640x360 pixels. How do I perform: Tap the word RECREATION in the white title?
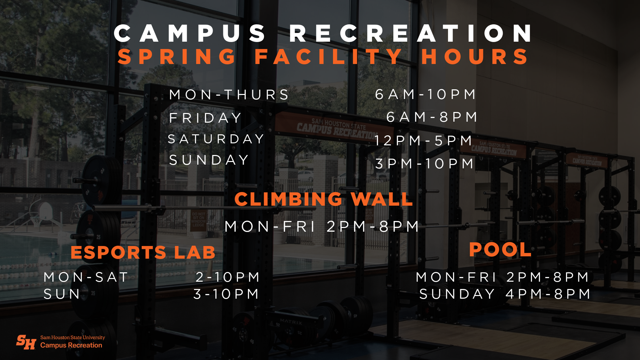(x=411, y=33)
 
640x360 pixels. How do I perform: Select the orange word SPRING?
(x=177, y=57)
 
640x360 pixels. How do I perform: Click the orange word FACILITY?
(x=328, y=57)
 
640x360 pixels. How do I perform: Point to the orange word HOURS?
(x=475, y=57)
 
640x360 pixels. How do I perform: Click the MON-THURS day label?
(x=229, y=95)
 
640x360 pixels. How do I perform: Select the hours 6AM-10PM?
(x=426, y=94)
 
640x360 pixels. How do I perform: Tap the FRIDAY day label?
(x=205, y=118)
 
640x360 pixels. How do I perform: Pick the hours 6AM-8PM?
(x=432, y=117)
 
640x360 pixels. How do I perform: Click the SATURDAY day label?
(x=216, y=139)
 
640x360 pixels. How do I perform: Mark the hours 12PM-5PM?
(x=423, y=141)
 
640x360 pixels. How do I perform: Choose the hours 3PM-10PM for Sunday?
(x=425, y=164)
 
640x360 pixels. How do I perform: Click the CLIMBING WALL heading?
(x=323, y=199)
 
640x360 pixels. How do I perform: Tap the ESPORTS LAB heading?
(x=143, y=252)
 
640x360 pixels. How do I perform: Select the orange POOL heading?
(x=500, y=250)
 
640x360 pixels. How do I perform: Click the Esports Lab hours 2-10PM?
(x=228, y=277)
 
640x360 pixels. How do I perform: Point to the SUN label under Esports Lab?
(x=62, y=294)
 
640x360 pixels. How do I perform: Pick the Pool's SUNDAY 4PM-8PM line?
(x=505, y=294)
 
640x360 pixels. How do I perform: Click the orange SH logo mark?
(x=26, y=342)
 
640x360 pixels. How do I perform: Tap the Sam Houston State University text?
(x=72, y=337)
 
